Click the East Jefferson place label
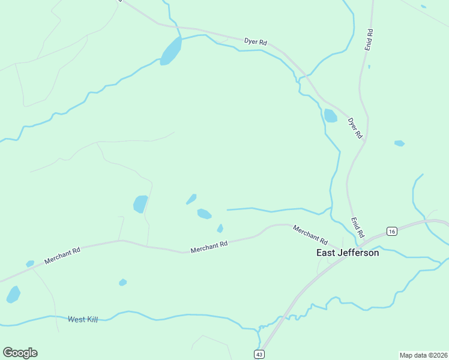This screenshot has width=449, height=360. tap(348, 253)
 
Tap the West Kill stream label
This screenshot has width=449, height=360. tap(83, 319)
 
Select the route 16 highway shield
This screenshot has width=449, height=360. tap(391, 232)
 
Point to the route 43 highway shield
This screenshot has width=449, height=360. tap(259, 355)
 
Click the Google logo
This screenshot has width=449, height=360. tap(20, 353)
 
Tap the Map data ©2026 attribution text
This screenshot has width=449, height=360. tap(423, 355)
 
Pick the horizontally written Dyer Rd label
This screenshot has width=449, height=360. tap(255, 41)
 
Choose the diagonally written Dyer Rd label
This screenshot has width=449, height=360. tap(355, 128)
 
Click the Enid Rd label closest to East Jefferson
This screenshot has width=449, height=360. tap(358, 228)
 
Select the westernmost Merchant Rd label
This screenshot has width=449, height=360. tap(62, 257)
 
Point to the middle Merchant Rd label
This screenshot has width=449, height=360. tap(209, 247)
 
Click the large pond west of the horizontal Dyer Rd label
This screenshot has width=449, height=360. tap(171, 52)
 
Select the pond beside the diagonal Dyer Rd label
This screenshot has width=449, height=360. tap(331, 116)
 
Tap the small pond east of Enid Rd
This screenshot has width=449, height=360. tap(399, 143)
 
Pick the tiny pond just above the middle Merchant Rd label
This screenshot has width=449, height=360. tap(220, 228)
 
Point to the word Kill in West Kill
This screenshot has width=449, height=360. tap(91, 319)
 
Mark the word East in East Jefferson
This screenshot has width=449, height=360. tap(326, 253)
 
